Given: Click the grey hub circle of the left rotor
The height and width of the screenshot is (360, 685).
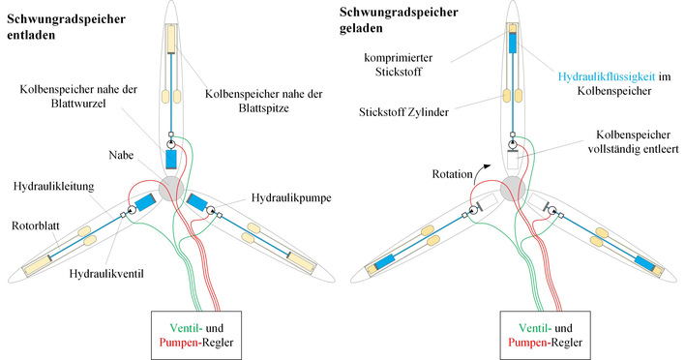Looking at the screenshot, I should (170, 185).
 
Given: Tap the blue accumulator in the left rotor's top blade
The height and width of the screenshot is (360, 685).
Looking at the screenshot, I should (170, 158).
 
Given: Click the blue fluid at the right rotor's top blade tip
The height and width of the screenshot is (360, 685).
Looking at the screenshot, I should (514, 43).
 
